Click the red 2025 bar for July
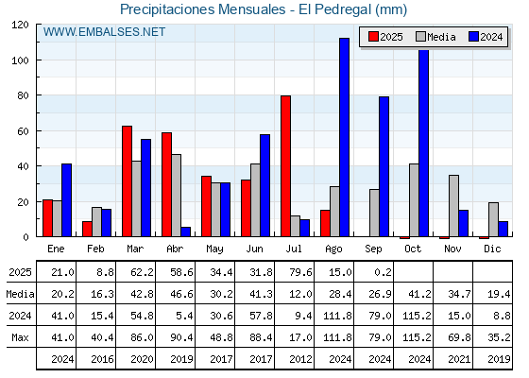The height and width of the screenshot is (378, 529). pos(285,166)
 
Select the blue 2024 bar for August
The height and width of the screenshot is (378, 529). pos(345,137)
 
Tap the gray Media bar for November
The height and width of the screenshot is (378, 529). pos(453,206)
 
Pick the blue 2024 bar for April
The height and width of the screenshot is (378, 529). pos(185,232)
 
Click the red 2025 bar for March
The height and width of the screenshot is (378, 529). pos(128,181)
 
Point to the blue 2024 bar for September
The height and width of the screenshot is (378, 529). pos(384,166)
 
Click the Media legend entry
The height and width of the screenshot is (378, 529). pos(435,37)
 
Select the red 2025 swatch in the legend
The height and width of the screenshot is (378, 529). pos(373,37)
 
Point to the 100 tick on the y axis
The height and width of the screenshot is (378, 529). pos(22,60)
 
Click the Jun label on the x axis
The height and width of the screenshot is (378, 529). pos(254,249)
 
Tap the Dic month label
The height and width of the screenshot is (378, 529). pos(492,249)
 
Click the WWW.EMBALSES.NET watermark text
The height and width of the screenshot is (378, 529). pos(104,32)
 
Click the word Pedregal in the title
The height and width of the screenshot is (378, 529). pos(343,9)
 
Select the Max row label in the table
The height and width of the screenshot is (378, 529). pos(20,337)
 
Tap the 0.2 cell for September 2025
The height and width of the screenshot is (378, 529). pos(383,272)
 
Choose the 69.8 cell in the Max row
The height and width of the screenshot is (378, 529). pos(459,337)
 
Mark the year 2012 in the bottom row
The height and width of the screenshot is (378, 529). pos(300,359)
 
